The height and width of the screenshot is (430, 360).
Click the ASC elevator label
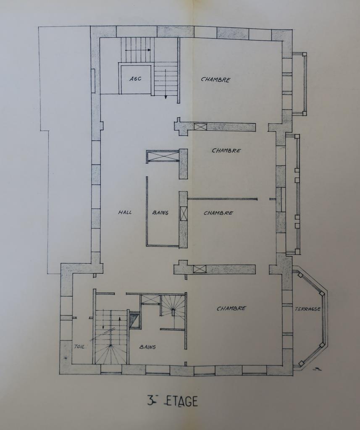click(135, 79)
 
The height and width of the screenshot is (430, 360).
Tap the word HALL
click(125, 212)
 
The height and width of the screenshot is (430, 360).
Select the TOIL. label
click(80, 346)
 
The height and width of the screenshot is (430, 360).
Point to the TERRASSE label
click(308, 309)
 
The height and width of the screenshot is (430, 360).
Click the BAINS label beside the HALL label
click(160, 212)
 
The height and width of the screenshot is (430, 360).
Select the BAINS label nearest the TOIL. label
click(147, 347)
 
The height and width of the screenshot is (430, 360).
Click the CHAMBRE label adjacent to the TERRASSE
click(231, 308)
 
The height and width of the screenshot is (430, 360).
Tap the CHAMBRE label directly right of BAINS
click(218, 213)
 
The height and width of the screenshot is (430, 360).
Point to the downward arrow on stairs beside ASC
click(166, 84)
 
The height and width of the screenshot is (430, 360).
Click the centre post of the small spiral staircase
click(173, 310)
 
